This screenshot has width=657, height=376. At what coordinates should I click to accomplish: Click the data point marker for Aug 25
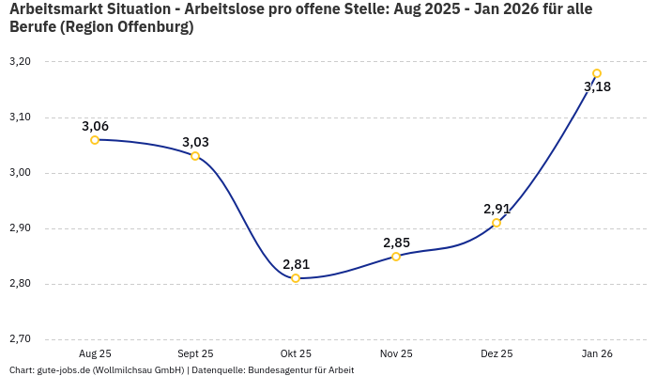95,140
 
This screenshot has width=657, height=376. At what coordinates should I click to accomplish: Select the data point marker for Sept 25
195,156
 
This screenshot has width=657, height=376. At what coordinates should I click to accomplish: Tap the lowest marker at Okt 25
296,278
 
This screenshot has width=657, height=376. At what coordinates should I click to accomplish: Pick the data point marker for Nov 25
396,256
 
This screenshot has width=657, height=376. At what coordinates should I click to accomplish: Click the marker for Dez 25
497,223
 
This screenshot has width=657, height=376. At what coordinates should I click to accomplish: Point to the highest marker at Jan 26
597,73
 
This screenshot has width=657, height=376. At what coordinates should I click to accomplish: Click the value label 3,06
95,126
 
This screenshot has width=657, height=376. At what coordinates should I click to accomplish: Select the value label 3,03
195,142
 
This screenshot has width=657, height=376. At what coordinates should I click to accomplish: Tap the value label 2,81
296,264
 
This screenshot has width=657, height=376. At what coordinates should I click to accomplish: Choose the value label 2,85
396,243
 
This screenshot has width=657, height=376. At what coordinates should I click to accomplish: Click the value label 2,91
497,209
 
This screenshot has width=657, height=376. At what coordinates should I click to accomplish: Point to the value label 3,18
597,87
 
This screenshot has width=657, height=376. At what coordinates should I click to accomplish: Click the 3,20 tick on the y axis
20,62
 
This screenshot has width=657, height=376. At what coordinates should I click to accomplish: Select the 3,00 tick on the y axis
20,173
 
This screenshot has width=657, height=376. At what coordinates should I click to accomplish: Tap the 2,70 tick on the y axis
20,339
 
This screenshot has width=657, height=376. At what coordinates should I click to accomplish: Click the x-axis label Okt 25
296,353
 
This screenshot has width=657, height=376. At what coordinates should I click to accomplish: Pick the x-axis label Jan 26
597,353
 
